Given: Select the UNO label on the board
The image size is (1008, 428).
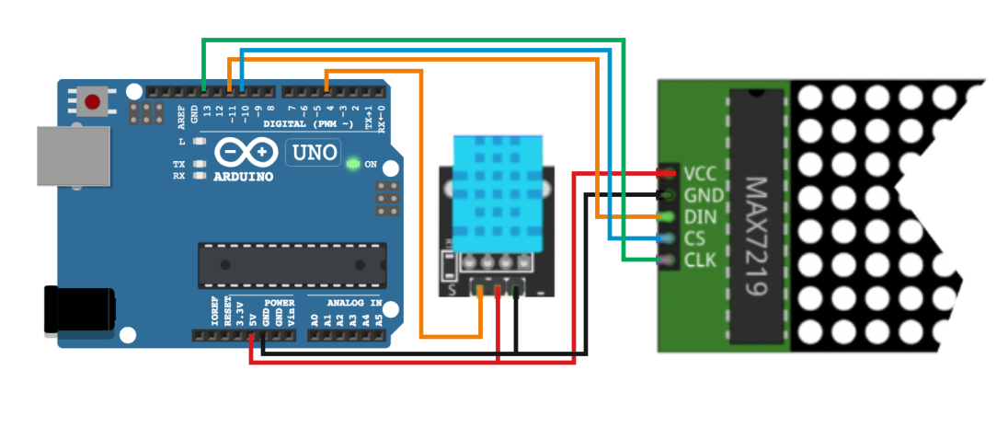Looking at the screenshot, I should coord(314,152).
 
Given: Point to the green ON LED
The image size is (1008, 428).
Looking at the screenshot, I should coord(351,165).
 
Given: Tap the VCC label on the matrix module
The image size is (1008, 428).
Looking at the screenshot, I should coord(700,173).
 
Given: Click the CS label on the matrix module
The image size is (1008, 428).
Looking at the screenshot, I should coord(694,239).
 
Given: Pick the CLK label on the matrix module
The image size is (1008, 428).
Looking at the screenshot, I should coord(699,261).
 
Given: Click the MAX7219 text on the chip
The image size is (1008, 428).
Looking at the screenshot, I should coord(756,237).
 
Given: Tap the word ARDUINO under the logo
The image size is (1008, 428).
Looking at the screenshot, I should coord(244,176).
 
